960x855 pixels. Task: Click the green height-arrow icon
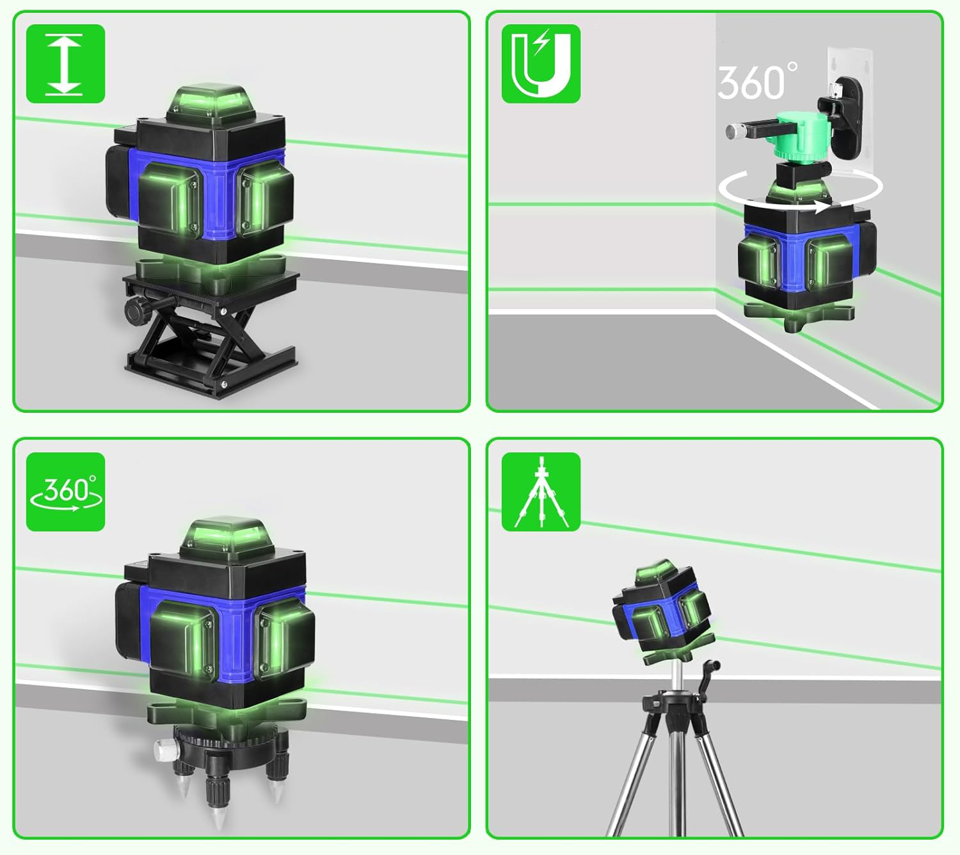[65, 64]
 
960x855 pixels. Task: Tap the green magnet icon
[541, 64]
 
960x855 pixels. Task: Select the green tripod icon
[541, 491]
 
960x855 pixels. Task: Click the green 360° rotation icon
[65, 491]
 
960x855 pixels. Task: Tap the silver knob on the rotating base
[165, 751]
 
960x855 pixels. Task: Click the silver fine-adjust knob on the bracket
[737, 131]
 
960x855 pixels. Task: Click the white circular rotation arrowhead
[822, 207]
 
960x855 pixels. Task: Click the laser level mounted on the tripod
[662, 611]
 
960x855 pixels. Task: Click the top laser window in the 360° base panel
[227, 536]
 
